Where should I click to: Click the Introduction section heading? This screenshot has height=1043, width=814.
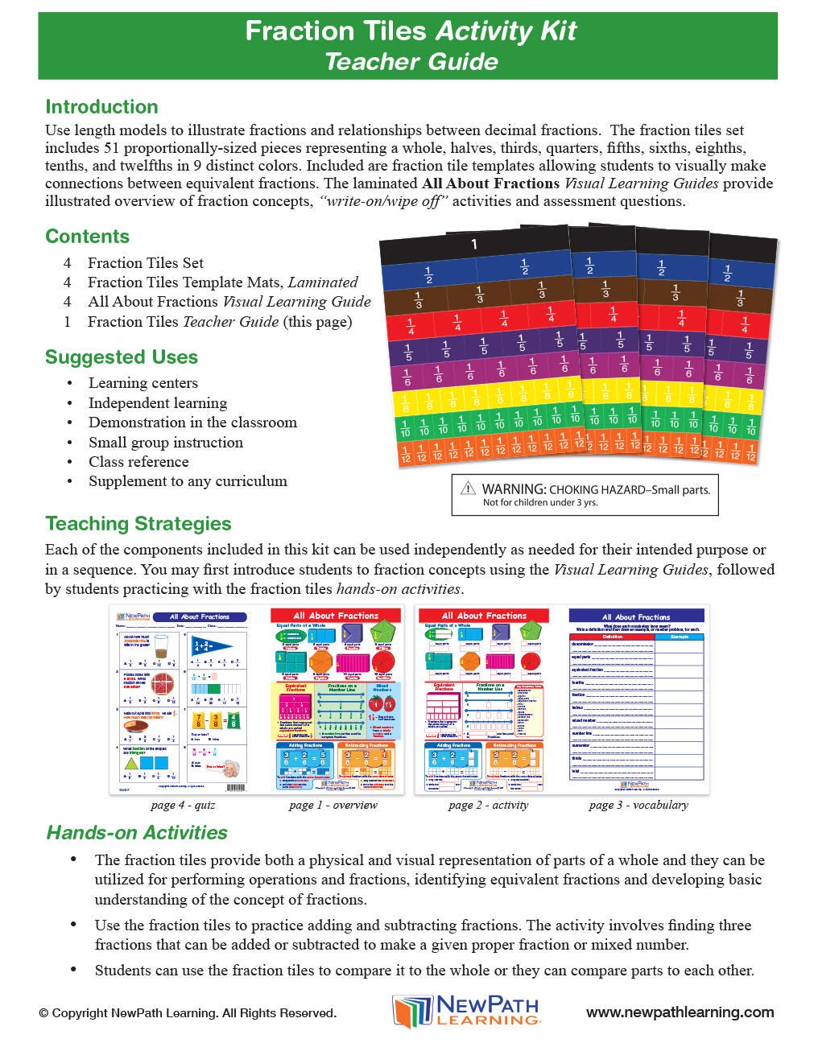coord(101,107)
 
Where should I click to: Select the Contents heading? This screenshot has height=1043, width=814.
coord(87,237)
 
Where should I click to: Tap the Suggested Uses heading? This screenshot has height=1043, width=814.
coord(122,357)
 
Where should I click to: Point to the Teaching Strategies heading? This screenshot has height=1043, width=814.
coord(138,524)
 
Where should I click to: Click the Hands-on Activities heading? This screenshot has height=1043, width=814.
coord(137,833)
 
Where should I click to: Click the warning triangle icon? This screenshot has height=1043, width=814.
coord(468,489)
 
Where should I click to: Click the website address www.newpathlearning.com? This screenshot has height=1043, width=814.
coord(680,1013)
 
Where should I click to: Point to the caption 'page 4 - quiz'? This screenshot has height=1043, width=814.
coord(183,805)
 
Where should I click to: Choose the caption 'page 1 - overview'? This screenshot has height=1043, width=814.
coord(333,805)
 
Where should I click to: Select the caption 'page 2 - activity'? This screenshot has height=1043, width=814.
coord(488,805)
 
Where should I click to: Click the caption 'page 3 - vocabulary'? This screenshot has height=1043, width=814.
coord(638,805)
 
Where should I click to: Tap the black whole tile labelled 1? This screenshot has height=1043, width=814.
coord(474,245)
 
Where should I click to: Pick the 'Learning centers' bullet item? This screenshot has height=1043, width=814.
coord(143,383)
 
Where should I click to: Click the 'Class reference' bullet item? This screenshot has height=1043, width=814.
coord(138,462)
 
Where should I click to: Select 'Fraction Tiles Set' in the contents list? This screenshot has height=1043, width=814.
coord(145,263)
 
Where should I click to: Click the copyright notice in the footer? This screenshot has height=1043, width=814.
coord(188,1013)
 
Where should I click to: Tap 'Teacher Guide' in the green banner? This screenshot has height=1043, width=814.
coord(411,62)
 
